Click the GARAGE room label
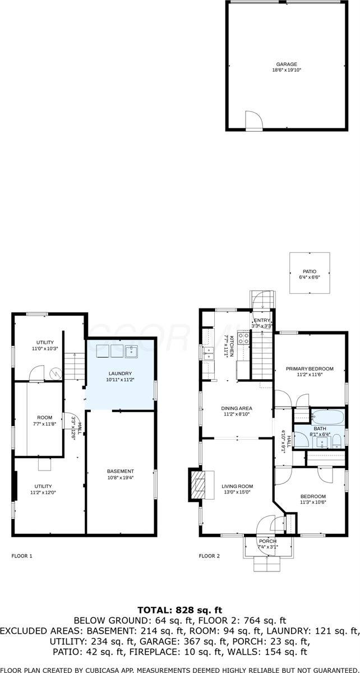point(285,64)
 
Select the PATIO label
point(310,270)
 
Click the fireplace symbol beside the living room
point(197,483)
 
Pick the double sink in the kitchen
point(208,353)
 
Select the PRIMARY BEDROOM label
point(310,368)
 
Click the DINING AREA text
point(237,408)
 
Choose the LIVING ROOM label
point(237,486)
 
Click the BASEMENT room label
point(121,471)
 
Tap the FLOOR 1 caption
point(22,556)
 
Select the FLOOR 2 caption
point(209,556)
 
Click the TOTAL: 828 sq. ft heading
point(179,609)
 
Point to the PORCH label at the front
point(267,541)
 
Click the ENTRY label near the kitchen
point(262,320)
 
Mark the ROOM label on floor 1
point(44,418)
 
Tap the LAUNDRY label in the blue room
point(121,374)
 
